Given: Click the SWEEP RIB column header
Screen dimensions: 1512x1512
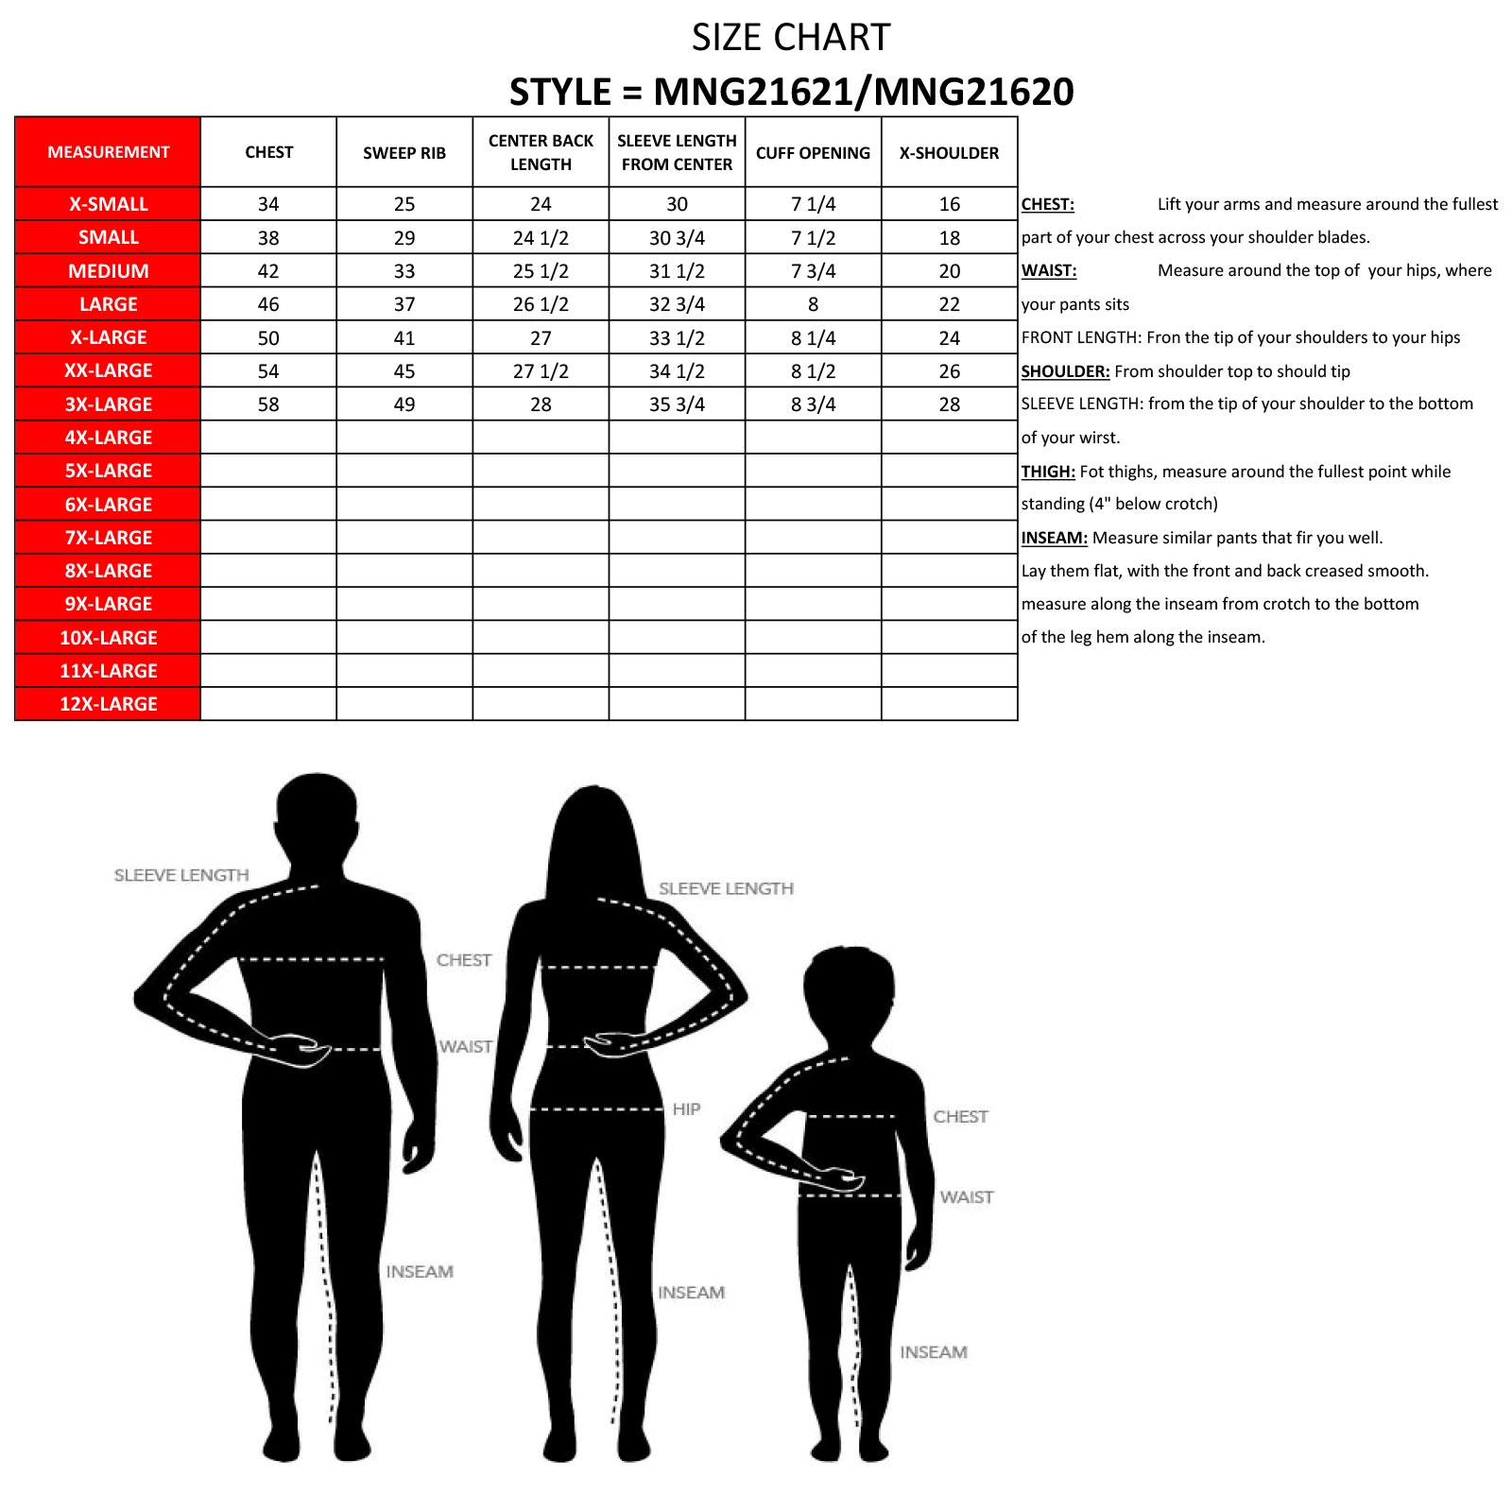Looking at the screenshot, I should [404, 153].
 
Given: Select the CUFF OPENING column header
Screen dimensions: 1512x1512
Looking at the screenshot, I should [813, 153].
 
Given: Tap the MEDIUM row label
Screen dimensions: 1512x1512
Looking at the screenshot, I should [109, 271].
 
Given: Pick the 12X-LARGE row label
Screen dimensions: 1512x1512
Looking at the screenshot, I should [109, 704].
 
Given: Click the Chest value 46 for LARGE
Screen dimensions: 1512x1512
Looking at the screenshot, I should [268, 304].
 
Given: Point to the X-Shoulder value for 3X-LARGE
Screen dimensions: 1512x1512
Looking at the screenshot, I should [949, 404].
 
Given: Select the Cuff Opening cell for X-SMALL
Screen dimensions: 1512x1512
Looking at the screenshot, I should [813, 204].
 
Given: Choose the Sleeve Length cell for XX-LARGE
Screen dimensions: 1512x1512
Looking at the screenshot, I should [677, 371].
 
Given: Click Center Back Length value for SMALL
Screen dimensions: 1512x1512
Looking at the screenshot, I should [541, 238].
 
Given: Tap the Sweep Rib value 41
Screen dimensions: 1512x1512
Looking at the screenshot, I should [404, 338].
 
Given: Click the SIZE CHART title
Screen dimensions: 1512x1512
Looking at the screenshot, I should [791, 38].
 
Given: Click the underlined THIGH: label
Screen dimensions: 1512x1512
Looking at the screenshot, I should [1048, 472].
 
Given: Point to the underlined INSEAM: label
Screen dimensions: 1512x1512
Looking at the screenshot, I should [1054, 538].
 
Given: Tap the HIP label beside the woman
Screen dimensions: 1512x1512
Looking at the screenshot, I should [686, 1109].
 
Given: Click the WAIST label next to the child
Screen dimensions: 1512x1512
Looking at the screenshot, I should [966, 1197].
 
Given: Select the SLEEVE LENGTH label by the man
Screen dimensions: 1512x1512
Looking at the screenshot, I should [181, 876].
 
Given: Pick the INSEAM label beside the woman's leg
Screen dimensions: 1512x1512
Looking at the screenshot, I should [691, 1293].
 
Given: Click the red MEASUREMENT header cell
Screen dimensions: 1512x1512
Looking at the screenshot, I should [109, 152].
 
